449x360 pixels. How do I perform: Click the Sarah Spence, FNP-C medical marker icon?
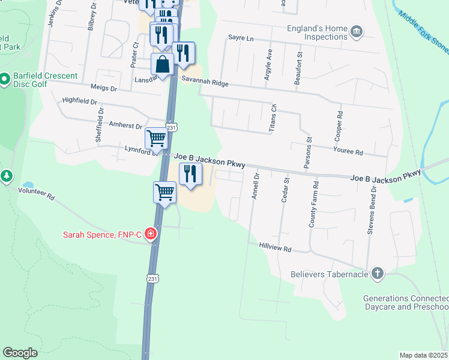151,234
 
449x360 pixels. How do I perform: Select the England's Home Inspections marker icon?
357,32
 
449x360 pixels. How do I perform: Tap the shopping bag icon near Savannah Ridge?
162,64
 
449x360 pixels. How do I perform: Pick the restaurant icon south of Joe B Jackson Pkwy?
190,174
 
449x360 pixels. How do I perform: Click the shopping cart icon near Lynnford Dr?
156,138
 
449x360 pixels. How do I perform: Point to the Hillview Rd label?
275,248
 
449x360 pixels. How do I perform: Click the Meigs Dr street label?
102,87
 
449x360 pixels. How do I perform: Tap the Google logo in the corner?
20,353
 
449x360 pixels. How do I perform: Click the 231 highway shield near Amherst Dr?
171,127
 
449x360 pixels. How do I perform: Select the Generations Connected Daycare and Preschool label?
406,302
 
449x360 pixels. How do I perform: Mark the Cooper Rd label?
340,122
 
